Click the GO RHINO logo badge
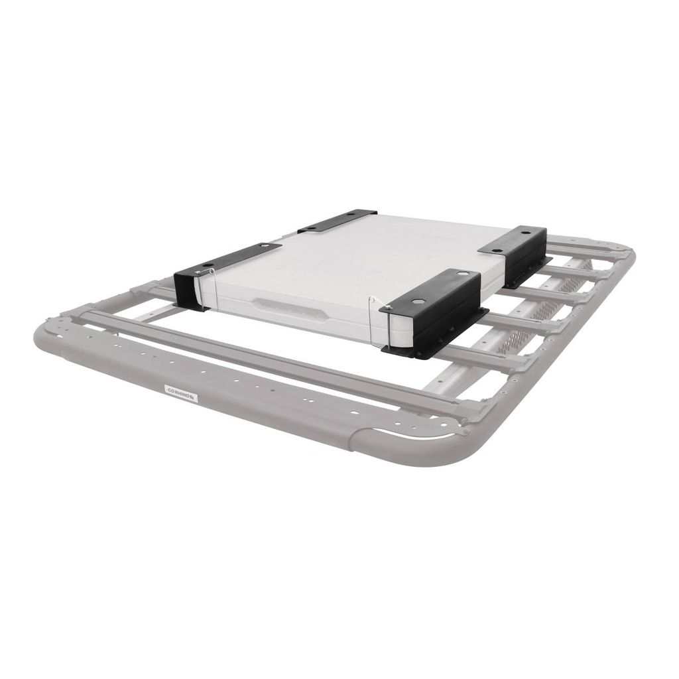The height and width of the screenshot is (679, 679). (x=180, y=393)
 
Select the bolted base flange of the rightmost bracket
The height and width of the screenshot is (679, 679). (x=530, y=269)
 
